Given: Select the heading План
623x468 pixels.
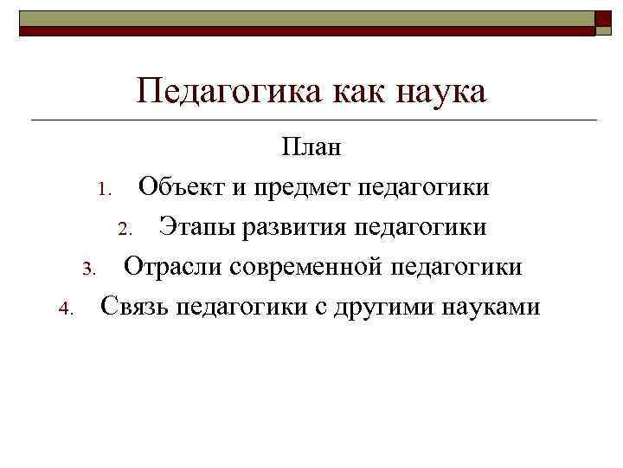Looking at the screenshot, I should [x=311, y=147].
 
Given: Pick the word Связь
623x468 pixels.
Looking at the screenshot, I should [x=135, y=307].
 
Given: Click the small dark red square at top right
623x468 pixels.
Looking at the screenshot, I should [x=603, y=20].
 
